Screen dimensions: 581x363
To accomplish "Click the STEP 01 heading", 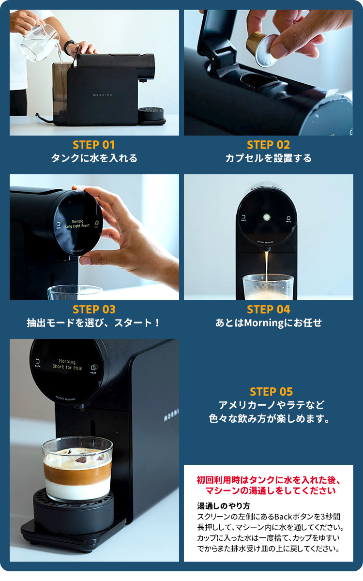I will tap(94, 145).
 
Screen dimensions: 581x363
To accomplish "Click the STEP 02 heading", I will tap(268, 145).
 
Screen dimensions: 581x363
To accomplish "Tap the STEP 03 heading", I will tap(94, 309).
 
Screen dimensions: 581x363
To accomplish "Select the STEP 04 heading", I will tap(268, 309).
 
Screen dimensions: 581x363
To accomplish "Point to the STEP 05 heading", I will tap(271, 392).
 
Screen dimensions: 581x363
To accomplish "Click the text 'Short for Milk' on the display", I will tap(67, 367).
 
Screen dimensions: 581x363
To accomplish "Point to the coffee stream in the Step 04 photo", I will tap(266, 269).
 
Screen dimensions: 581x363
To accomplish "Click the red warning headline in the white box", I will tap(269, 486).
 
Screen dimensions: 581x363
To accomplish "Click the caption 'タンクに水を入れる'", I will tap(94, 158).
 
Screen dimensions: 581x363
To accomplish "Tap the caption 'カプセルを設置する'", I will tap(268, 158).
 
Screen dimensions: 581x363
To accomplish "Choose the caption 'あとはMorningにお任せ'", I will tap(268, 323).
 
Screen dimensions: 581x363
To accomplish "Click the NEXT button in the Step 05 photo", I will tap(93, 369).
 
